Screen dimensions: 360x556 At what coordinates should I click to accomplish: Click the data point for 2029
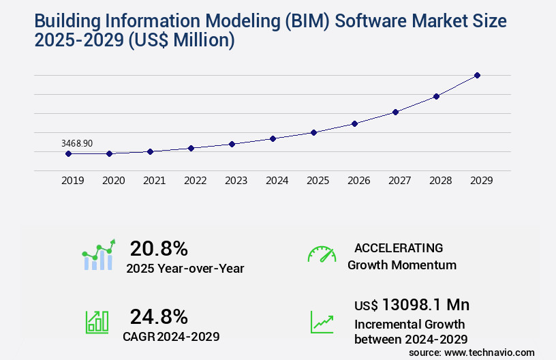click(477, 75)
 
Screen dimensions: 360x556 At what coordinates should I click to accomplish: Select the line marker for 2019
click(68, 153)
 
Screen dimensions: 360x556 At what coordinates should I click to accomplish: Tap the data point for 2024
click(273, 138)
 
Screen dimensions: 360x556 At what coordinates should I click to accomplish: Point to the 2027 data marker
click(395, 112)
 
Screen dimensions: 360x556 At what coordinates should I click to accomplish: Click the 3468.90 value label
click(77, 143)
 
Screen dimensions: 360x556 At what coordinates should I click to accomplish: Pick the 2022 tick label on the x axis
click(195, 181)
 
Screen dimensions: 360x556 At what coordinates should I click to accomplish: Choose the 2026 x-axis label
click(358, 181)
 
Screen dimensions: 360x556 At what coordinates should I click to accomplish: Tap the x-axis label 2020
click(113, 181)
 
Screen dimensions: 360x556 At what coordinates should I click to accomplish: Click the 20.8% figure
click(159, 248)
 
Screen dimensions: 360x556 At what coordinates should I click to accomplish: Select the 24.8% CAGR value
click(159, 316)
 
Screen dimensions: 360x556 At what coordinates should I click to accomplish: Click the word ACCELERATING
click(399, 248)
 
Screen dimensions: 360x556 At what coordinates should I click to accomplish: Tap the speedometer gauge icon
click(322, 254)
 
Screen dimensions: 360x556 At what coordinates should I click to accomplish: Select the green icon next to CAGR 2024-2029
click(97, 322)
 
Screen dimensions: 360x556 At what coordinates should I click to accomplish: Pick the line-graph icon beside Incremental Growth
click(322, 322)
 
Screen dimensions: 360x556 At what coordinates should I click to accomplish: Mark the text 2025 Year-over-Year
click(185, 269)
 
